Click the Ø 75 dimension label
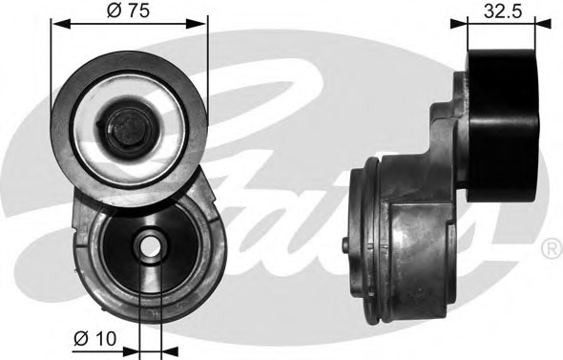point(128,11)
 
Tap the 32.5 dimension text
point(502,11)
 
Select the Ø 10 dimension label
point(95,339)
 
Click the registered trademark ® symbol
point(552,248)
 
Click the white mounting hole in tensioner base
point(151,246)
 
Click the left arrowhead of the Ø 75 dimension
point(60,24)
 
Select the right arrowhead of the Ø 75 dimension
point(198,24)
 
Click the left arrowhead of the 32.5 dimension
point(459,24)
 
